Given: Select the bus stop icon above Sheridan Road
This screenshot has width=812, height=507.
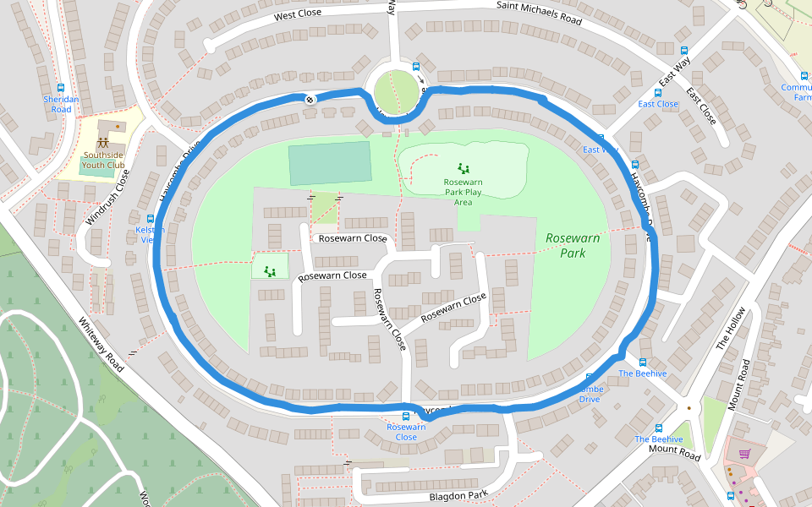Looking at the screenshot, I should (x=61, y=88).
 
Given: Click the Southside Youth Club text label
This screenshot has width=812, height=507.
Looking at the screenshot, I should (x=103, y=160).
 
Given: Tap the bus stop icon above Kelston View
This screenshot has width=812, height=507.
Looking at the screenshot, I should (x=151, y=219).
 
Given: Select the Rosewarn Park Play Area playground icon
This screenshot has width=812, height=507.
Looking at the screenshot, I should (x=463, y=168).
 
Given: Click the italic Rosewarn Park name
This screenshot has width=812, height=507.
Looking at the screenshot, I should (x=573, y=245).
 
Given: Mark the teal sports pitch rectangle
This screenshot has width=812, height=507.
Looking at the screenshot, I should (x=329, y=162).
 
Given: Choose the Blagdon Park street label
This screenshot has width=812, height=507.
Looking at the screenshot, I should (x=458, y=496).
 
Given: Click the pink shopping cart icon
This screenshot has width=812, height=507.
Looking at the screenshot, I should (x=744, y=454).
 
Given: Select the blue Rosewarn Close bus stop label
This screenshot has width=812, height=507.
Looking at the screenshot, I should (x=406, y=432).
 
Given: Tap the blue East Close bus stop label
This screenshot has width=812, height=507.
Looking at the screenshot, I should (x=657, y=104).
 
